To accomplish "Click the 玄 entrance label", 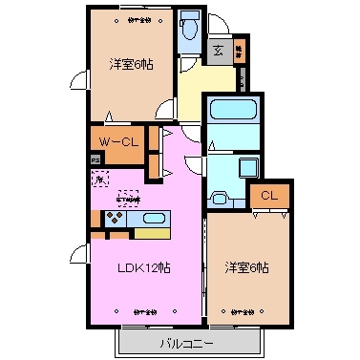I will click(x=219, y=51).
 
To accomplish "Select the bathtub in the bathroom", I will click(x=230, y=120).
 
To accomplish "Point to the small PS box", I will click(x=95, y=160).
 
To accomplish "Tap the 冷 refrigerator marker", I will click(x=97, y=179).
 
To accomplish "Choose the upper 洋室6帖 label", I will click(x=132, y=65).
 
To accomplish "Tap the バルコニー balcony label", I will click(x=186, y=341).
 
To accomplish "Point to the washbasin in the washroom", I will click(x=218, y=198).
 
